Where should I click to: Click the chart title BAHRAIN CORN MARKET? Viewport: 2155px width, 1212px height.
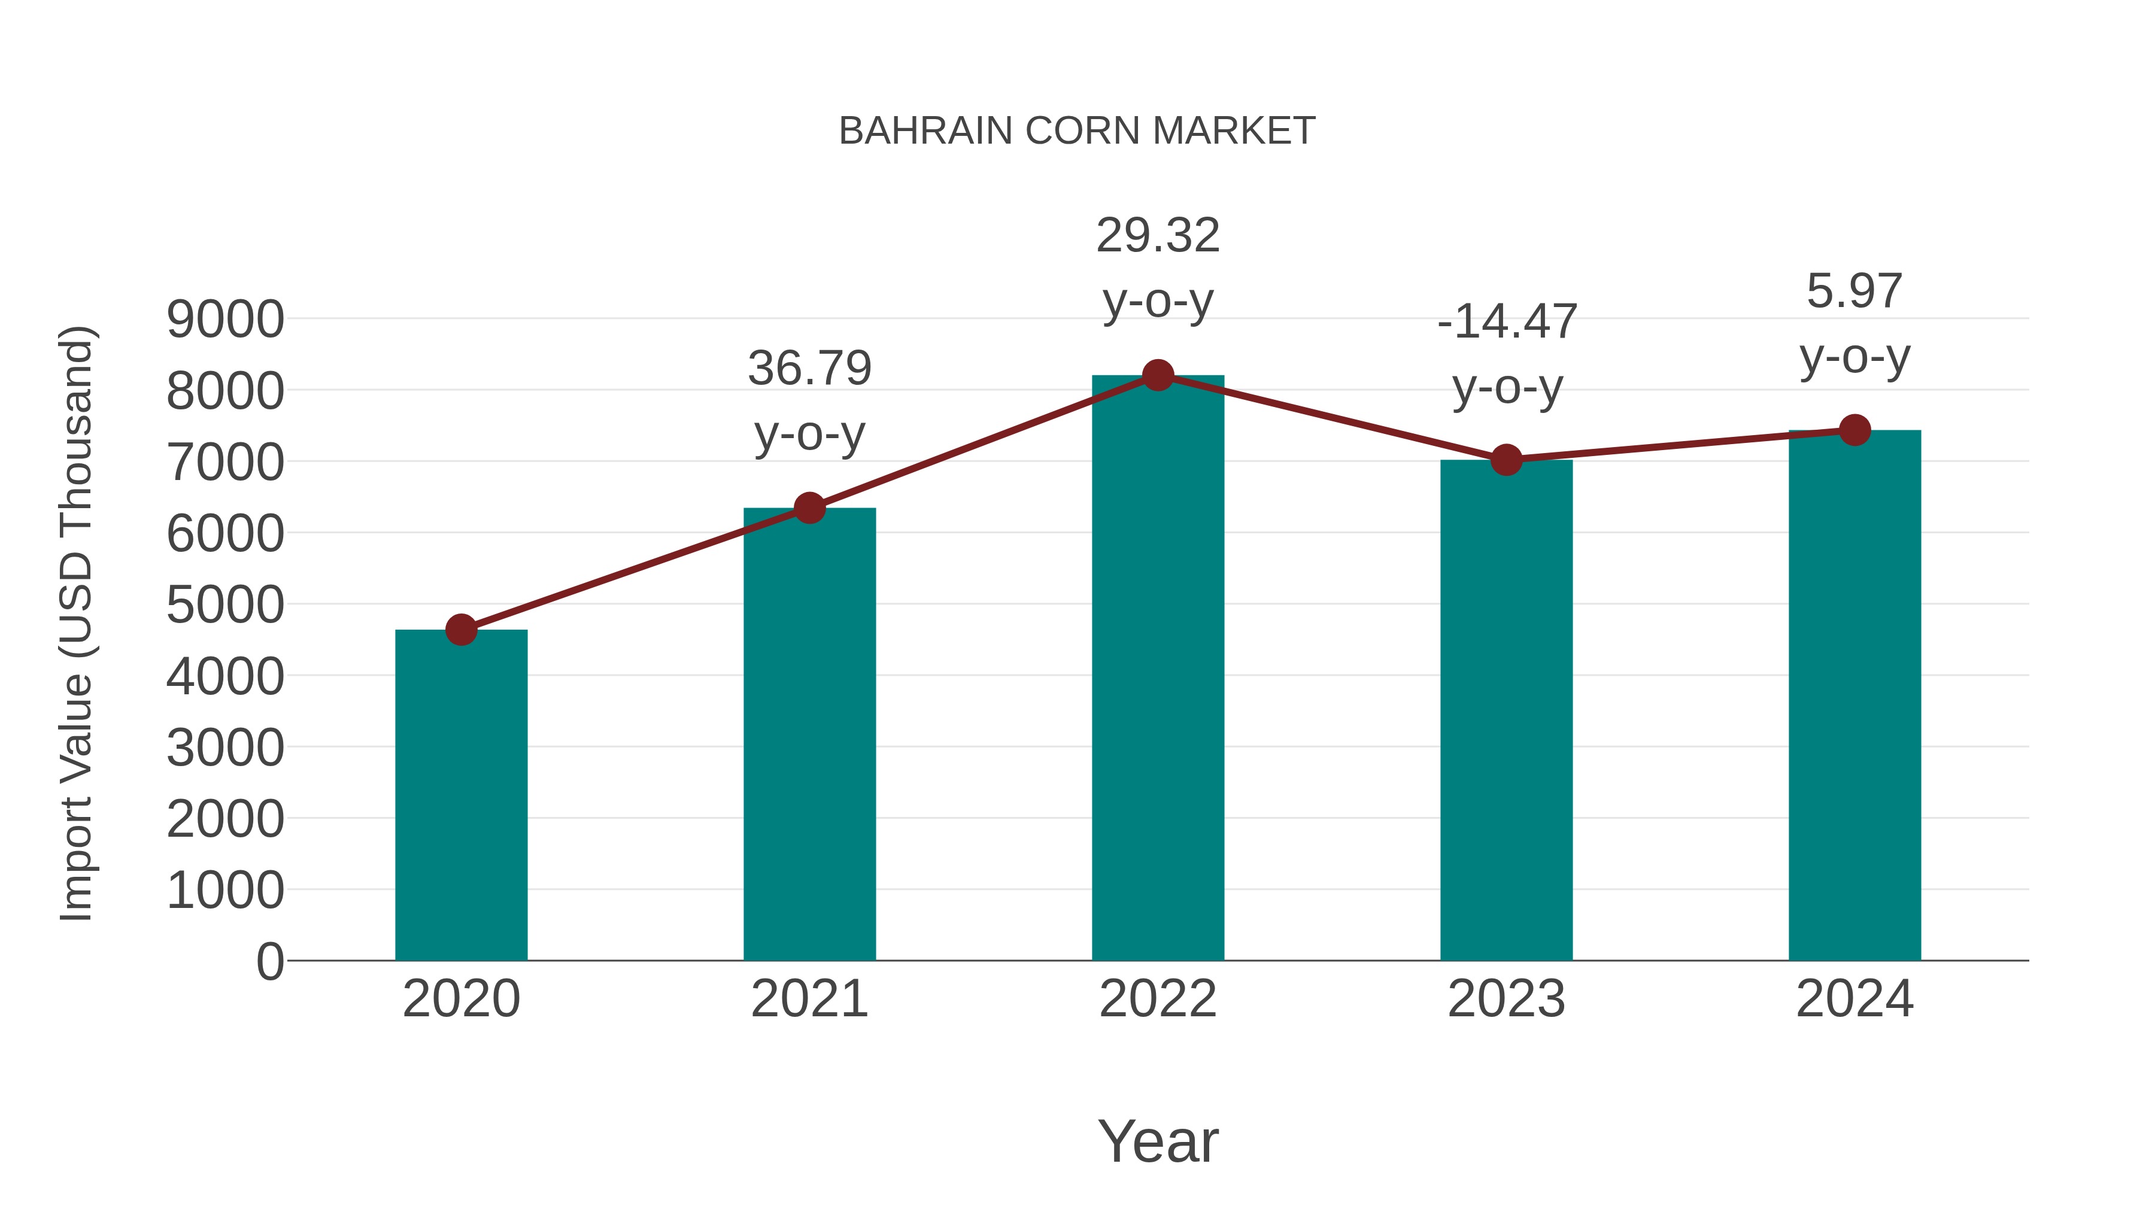[x=1077, y=131]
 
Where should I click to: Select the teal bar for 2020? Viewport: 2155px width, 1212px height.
[x=461, y=795]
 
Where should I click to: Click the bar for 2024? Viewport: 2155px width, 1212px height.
[x=1854, y=695]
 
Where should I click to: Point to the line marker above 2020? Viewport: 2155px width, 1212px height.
[x=461, y=630]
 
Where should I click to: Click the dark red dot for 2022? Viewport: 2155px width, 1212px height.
[x=1158, y=375]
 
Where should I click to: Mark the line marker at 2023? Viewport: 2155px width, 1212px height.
[x=1506, y=460]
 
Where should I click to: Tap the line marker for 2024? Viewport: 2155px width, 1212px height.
[x=1854, y=430]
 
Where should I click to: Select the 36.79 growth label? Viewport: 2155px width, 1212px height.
[x=809, y=368]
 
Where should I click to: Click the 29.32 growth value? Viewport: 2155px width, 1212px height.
[x=1158, y=235]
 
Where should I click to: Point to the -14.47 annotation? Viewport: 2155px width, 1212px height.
[x=1507, y=322]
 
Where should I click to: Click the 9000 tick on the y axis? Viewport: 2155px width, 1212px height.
[x=225, y=320]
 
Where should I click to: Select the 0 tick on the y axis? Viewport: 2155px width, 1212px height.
[x=269, y=961]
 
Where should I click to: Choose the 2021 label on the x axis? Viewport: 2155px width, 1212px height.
[x=809, y=999]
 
